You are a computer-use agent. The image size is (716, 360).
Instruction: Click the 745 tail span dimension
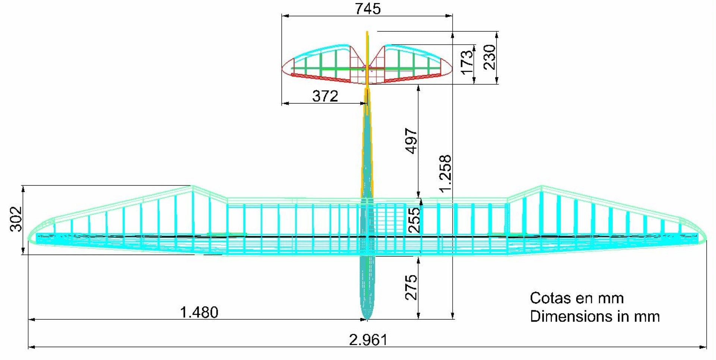(x=368, y=9)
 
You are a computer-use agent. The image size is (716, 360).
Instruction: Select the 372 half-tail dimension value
(x=325, y=96)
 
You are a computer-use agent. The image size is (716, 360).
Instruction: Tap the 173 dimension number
(x=467, y=62)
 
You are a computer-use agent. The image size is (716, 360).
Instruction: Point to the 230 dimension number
(x=490, y=57)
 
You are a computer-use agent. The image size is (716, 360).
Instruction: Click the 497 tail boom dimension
(x=411, y=141)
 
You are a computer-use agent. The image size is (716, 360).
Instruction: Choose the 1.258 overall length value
(x=445, y=174)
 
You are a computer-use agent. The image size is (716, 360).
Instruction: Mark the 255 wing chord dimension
(x=414, y=220)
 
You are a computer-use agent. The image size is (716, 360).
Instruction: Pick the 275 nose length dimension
(x=411, y=288)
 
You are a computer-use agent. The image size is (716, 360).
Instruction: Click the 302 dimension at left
(x=16, y=219)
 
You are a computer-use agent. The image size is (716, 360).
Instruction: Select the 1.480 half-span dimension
(x=199, y=312)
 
